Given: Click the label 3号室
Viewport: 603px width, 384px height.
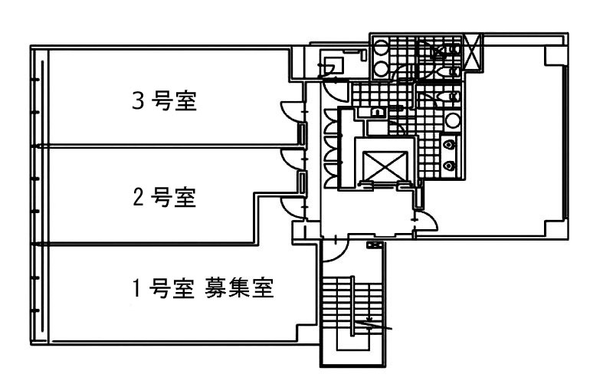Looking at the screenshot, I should (164, 101).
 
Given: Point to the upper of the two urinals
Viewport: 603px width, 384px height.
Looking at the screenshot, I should (450, 143).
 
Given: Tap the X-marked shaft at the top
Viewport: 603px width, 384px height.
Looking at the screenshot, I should (472, 52).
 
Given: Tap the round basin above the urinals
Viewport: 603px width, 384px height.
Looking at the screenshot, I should (453, 120).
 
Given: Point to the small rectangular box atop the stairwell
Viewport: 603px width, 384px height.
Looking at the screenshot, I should (375, 245).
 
